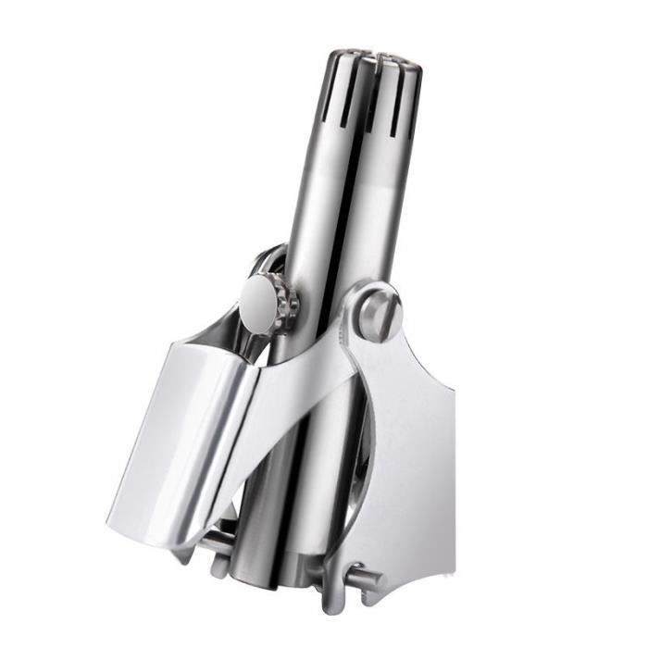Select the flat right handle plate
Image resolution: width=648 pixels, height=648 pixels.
pyautogui.click(x=407, y=444)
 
